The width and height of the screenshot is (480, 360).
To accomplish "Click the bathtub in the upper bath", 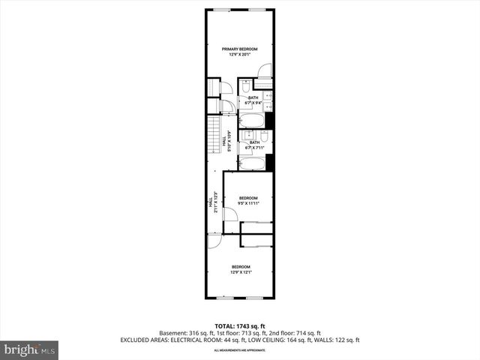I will (253, 120).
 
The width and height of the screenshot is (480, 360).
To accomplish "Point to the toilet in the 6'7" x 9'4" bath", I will (245, 91).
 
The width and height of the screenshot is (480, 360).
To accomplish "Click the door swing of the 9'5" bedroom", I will (229, 215).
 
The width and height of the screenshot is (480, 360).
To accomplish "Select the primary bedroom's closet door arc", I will (264, 71).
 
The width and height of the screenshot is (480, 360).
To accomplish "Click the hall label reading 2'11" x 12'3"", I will (213, 202).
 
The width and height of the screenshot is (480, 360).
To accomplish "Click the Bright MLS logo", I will (30, 349).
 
